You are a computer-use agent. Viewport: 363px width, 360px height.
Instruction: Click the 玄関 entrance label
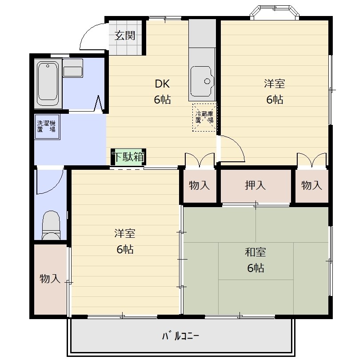(x=125, y=36)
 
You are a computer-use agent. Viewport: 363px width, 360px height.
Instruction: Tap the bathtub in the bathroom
(x=48, y=84)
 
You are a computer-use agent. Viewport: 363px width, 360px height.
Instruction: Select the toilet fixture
(x=51, y=225)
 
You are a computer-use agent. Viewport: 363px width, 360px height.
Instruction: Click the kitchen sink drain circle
(x=207, y=81)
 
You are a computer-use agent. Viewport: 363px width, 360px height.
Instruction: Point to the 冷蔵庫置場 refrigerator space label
(x=204, y=117)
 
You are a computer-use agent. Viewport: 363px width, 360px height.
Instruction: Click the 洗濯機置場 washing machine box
(x=47, y=127)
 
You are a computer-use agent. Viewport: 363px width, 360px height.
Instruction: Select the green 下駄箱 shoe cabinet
(x=128, y=157)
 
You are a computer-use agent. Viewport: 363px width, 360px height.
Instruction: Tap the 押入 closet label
(x=255, y=185)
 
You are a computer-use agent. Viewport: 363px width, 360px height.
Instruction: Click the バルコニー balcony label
(x=180, y=336)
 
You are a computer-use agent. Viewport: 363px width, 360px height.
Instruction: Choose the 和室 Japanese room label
(x=255, y=252)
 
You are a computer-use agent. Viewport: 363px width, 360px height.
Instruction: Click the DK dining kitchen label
(x=162, y=84)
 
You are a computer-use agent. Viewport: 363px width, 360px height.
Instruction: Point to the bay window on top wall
(x=275, y=12)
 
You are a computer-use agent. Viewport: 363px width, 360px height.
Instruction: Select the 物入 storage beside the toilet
(x=50, y=279)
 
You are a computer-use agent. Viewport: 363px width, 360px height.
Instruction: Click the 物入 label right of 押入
(x=311, y=185)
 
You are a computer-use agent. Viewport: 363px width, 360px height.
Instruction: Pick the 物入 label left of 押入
(x=199, y=185)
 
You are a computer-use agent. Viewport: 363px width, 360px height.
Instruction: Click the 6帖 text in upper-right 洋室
(x=275, y=100)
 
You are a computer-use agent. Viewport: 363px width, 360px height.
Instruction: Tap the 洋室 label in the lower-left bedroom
(x=125, y=233)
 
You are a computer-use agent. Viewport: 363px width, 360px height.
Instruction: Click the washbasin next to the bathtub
(x=73, y=68)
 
